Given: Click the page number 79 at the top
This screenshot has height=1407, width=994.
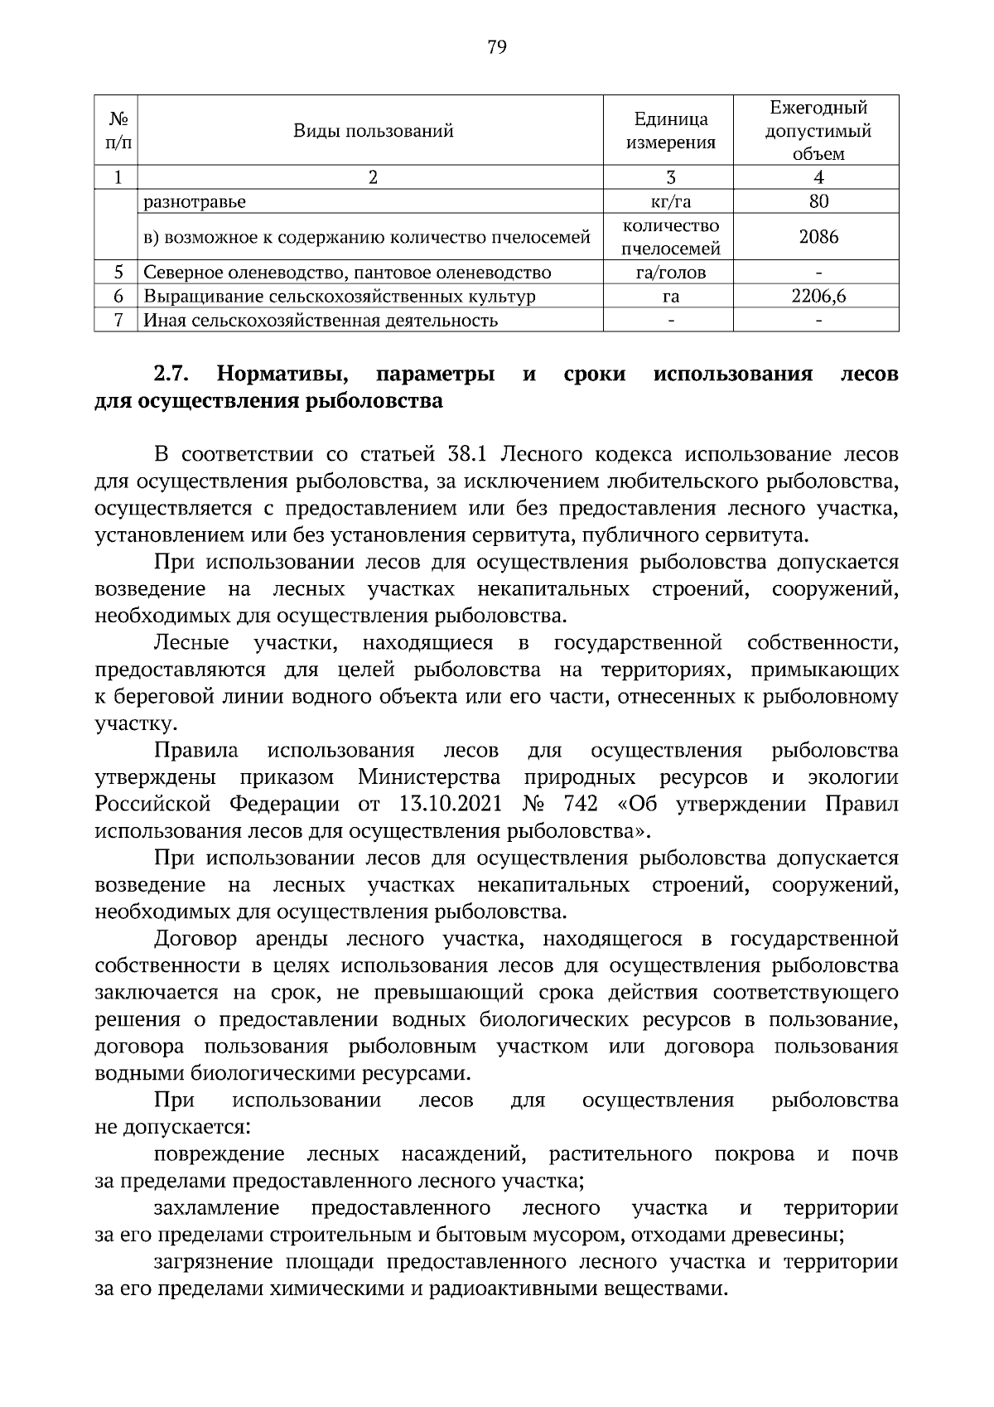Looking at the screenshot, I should [497, 47].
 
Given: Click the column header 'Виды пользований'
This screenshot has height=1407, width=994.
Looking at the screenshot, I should [373, 130].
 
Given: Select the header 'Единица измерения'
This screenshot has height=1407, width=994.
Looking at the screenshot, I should [670, 130].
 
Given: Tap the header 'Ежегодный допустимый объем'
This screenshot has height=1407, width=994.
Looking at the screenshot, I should [818, 130].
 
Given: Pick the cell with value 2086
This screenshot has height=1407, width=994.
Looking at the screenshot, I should [818, 237].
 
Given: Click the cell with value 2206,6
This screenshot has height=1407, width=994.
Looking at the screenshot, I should [818, 297].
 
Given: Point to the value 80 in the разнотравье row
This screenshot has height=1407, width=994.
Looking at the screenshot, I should [818, 201].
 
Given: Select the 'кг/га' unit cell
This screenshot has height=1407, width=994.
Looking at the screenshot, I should [670, 201].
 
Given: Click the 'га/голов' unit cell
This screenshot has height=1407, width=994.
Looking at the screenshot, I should [670, 273].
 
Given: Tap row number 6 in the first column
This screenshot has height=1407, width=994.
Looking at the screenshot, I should [118, 297].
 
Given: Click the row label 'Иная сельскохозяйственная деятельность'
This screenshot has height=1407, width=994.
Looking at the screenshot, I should [321, 321].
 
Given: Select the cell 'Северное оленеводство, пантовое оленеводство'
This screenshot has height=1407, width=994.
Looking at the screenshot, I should [347, 273].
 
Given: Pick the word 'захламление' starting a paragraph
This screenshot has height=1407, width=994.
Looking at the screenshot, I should [216, 1208].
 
